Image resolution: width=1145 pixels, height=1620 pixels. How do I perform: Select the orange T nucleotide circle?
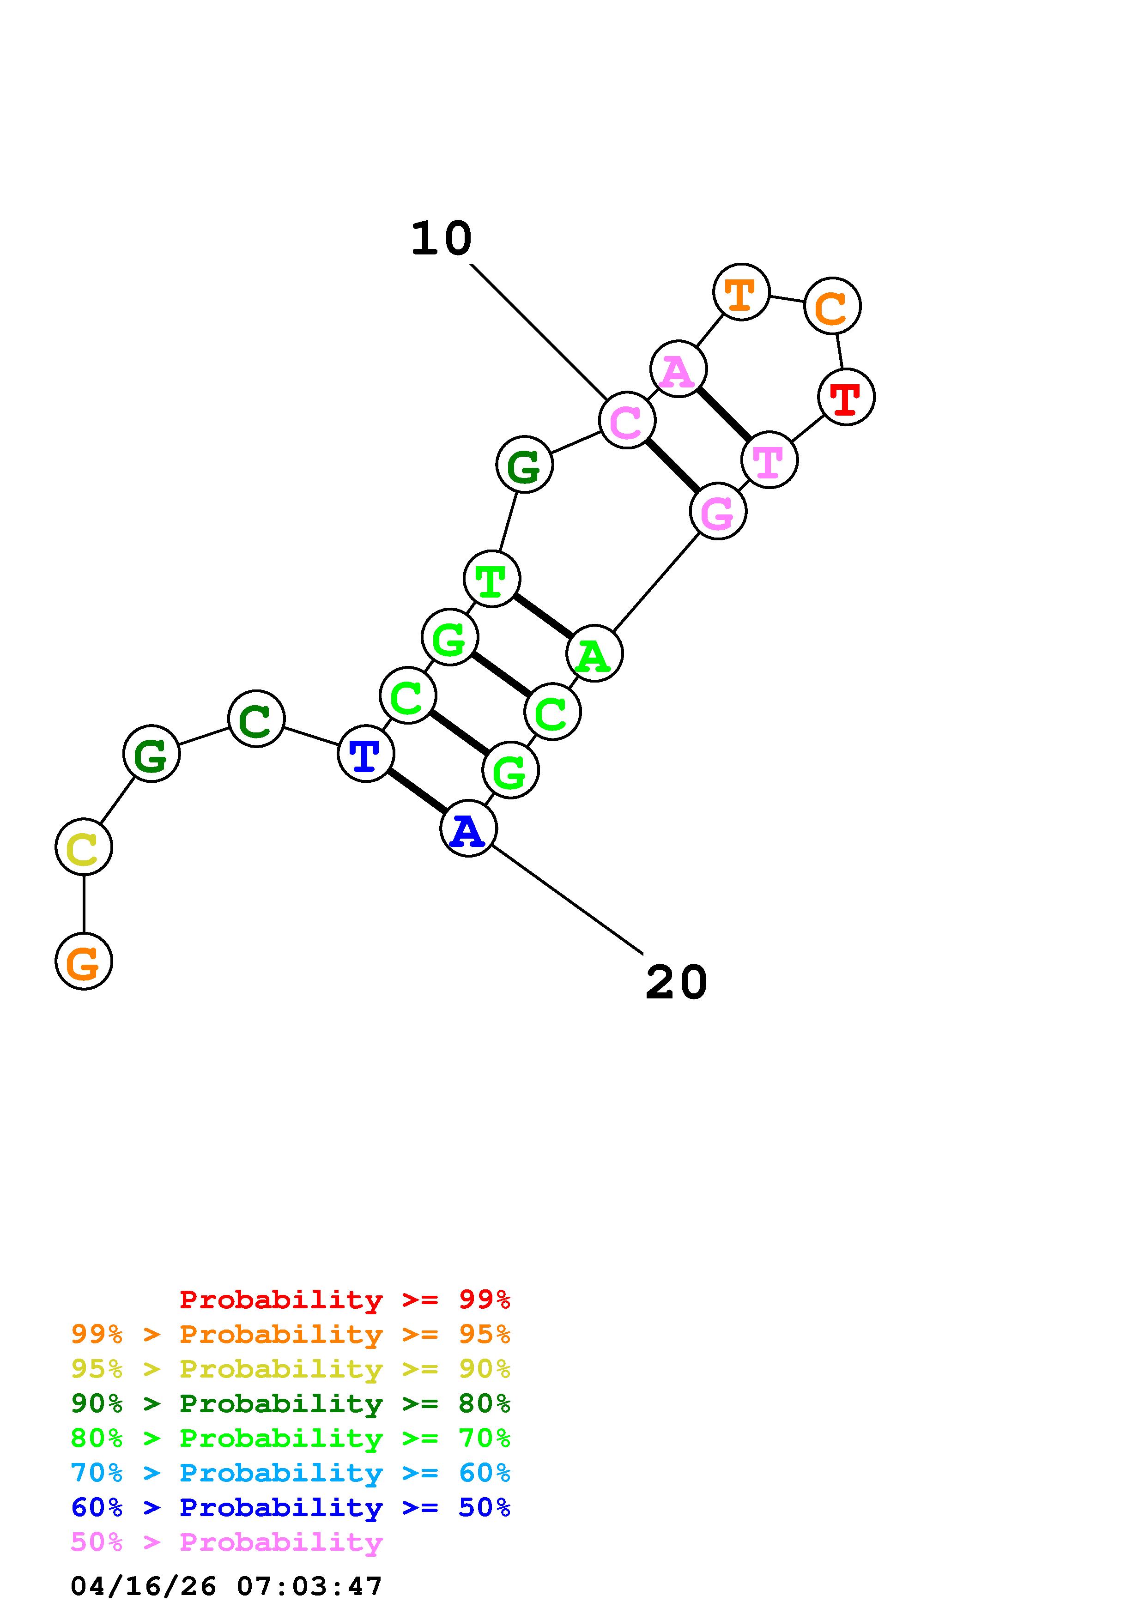tap(741, 292)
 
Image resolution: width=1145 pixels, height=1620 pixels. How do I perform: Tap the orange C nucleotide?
tap(832, 306)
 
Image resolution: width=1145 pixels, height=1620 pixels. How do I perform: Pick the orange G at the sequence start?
tap(84, 961)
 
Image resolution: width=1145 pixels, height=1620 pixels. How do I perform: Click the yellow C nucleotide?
tap(84, 846)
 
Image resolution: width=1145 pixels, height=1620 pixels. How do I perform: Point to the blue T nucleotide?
tap(365, 754)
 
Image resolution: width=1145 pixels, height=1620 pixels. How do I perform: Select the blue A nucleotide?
tap(468, 828)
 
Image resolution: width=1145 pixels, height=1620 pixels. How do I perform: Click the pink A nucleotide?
tap(678, 369)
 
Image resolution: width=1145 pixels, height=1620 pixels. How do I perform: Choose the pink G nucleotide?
tap(717, 512)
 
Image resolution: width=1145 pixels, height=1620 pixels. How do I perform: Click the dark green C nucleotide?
tap(256, 719)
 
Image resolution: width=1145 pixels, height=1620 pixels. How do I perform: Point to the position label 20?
tap(676, 982)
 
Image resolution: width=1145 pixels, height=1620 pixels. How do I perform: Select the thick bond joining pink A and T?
tap(724, 414)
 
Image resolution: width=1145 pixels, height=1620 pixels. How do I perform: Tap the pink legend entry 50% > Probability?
tap(226, 1542)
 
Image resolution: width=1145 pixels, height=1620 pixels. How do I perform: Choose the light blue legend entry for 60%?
tap(290, 1473)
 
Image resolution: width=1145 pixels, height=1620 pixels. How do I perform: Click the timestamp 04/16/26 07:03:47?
tap(226, 1587)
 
